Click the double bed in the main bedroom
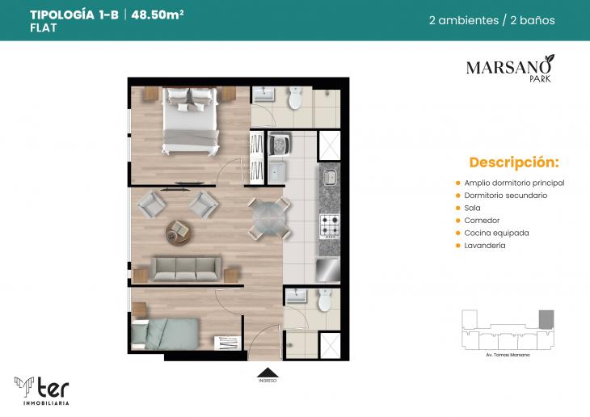click(190, 121)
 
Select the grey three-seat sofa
click(187, 267)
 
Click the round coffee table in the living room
click(179, 233)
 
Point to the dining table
click(268, 217)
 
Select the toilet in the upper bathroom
click(295, 99)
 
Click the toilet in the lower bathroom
click(325, 300)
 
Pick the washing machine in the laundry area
click(280, 144)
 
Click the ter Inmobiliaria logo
click(42, 389)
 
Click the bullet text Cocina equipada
click(496, 233)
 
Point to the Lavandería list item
click(484, 245)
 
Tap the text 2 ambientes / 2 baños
click(491, 20)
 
